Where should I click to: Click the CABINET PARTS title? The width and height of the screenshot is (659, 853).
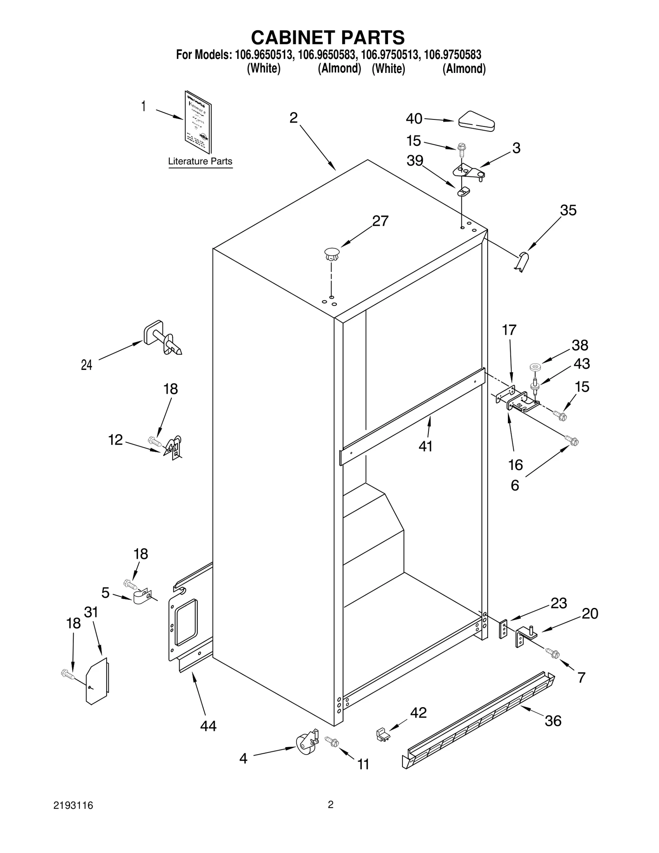coord(328,37)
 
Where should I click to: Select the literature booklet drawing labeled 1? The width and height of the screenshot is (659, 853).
coord(198,123)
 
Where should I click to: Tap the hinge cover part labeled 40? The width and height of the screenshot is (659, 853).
coord(477,121)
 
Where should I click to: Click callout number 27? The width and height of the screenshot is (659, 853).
coord(380,221)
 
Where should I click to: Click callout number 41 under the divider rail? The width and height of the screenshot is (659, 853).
coord(425,446)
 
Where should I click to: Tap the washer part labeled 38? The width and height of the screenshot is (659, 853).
coord(535,366)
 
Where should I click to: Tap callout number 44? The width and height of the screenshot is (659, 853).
coord(208,726)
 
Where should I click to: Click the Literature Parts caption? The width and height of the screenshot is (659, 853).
coord(200,161)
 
